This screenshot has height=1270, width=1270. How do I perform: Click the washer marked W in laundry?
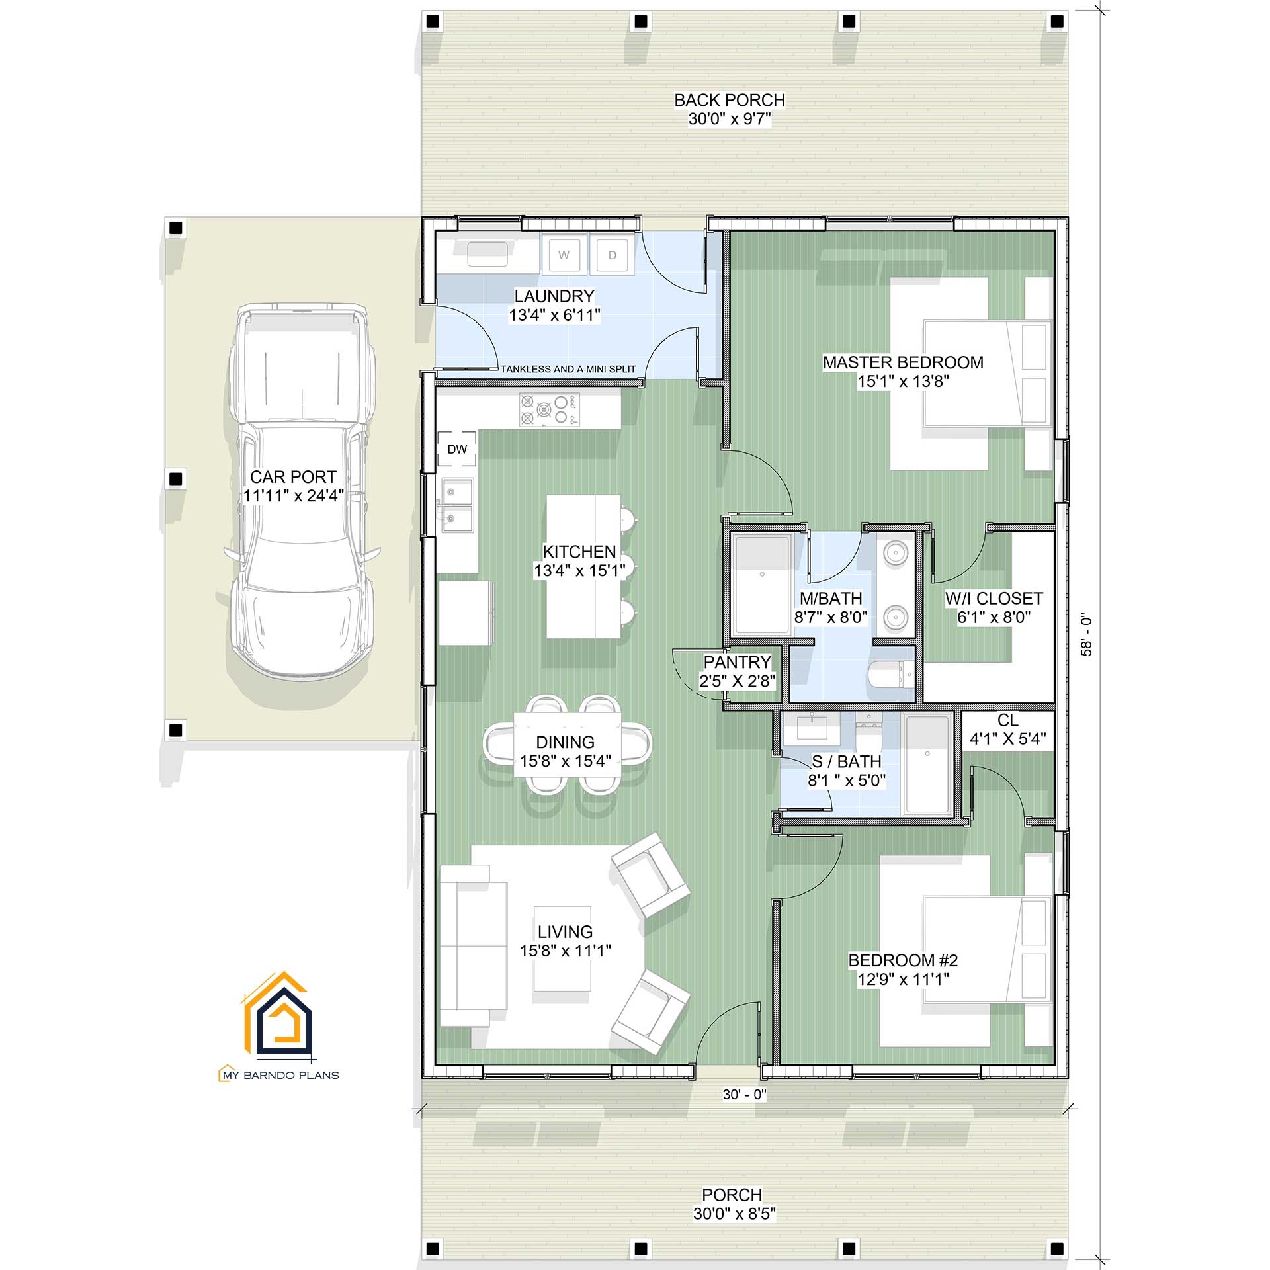[564, 255]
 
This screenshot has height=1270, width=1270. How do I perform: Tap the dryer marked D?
[612, 255]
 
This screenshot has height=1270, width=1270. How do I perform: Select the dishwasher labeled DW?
[457, 450]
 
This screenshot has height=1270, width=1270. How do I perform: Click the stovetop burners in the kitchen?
[549, 409]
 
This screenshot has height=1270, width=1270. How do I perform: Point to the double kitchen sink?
[458, 506]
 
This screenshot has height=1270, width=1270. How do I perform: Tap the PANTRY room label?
[737, 662]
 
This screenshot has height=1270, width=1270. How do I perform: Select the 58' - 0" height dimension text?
[1086, 636]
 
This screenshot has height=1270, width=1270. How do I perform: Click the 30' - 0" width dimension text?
[744, 1095]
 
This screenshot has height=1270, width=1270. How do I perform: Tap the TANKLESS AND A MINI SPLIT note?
[568, 369]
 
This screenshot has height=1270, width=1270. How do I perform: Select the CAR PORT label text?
[293, 477]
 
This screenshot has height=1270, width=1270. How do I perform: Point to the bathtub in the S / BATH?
[927, 764]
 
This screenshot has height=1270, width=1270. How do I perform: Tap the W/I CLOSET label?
[994, 599]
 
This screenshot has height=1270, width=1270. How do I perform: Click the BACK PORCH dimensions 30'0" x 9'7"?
[730, 119]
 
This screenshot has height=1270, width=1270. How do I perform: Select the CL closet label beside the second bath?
[1007, 720]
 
